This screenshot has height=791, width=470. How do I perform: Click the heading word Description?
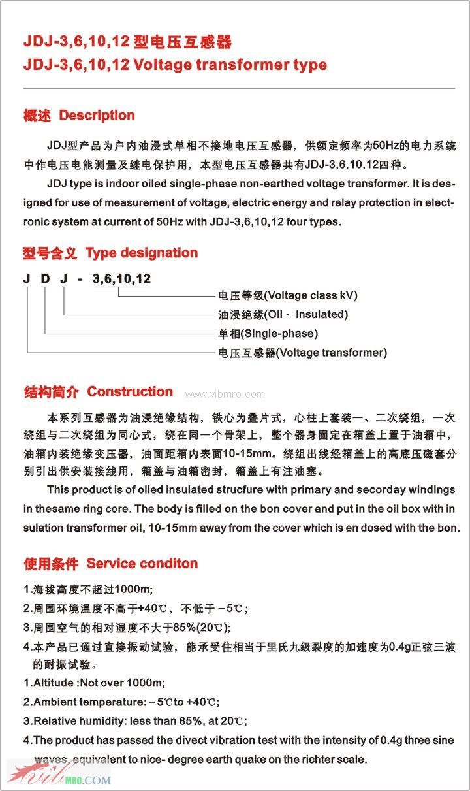[97, 116]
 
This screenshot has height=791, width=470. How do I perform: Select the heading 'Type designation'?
[142, 253]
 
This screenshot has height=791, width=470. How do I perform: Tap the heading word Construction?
[130, 392]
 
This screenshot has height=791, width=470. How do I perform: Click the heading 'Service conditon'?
[142, 564]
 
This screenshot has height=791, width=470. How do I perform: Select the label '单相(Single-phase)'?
[268, 334]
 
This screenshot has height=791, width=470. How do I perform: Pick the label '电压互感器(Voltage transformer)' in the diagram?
[302, 353]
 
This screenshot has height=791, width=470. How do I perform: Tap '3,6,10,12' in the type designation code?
[122, 279]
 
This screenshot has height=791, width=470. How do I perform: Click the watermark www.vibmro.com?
[225, 394]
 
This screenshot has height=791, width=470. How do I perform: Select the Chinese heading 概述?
[37, 116]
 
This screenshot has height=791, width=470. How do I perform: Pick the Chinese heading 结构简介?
[51, 393]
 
